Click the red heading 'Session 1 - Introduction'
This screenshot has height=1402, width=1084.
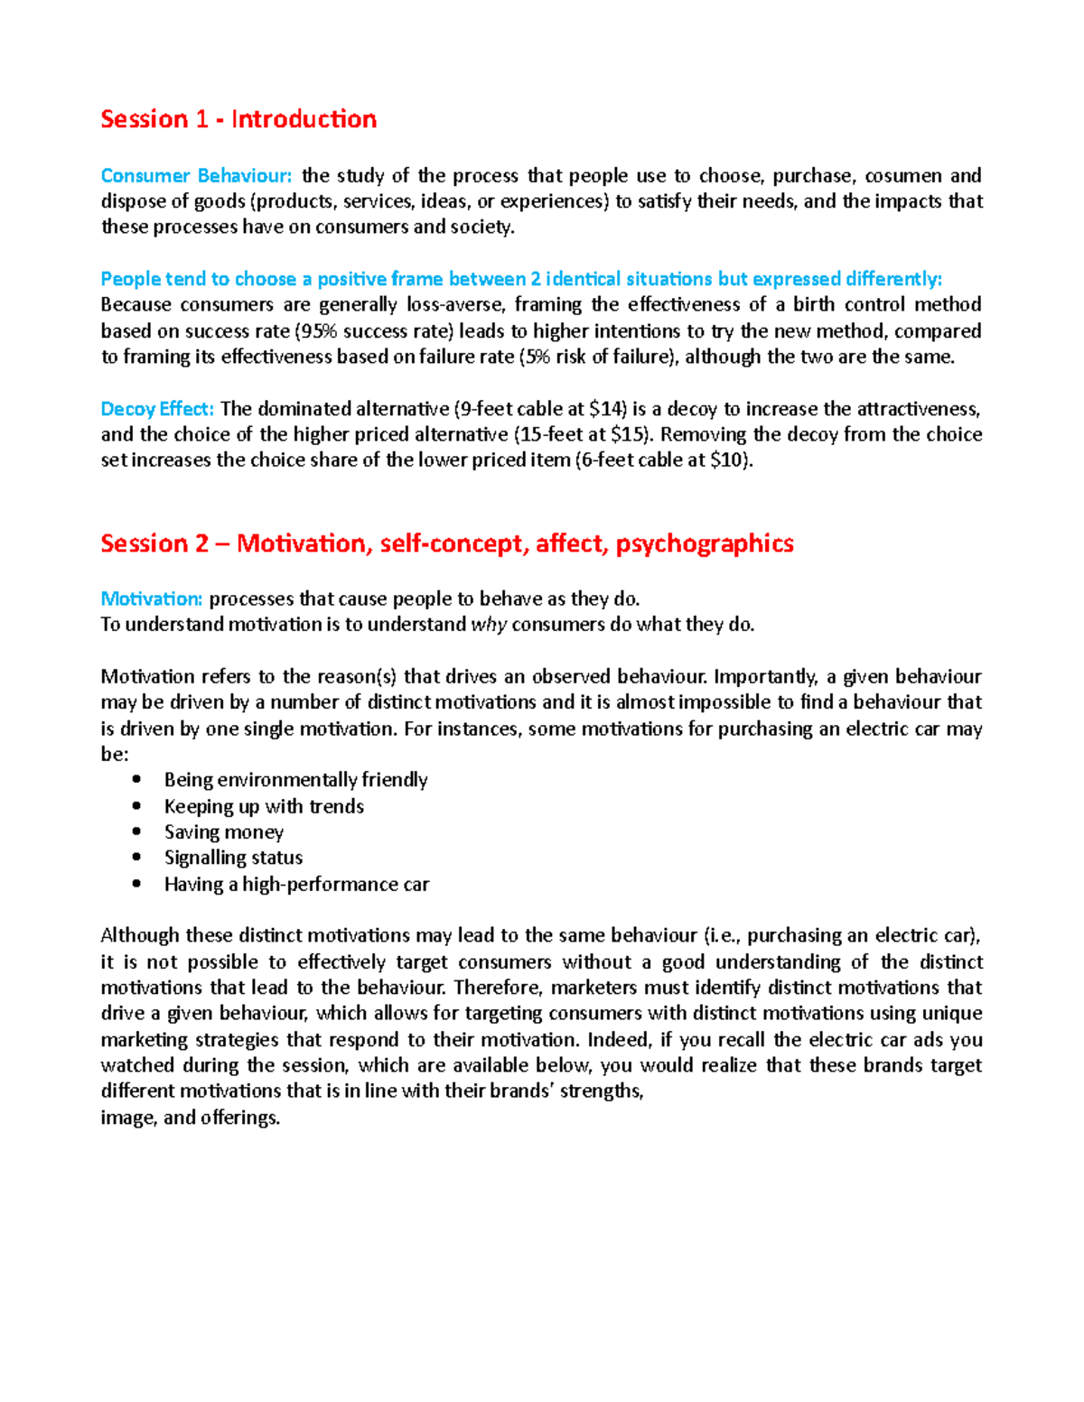click(x=238, y=119)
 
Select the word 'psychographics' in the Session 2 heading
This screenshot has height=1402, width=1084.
click(x=705, y=543)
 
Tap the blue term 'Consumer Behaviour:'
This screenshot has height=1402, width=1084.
click(x=196, y=176)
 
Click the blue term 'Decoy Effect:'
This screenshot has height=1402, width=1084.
click(x=157, y=409)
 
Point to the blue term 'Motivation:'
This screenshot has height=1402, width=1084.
click(x=151, y=599)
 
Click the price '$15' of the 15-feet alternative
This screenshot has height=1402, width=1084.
click(x=630, y=434)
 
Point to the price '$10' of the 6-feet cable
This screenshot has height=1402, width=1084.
click(x=729, y=460)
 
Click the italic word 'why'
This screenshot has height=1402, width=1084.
click(x=489, y=625)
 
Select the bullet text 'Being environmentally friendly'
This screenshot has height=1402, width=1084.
click(x=295, y=780)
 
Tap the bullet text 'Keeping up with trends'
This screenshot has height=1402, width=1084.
click(x=264, y=806)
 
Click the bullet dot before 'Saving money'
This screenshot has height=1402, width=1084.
click(x=136, y=831)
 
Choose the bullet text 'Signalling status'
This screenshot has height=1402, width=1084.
click(x=233, y=858)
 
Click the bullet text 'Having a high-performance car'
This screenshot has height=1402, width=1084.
click(x=296, y=884)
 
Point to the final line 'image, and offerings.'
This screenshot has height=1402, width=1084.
click(x=191, y=1118)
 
